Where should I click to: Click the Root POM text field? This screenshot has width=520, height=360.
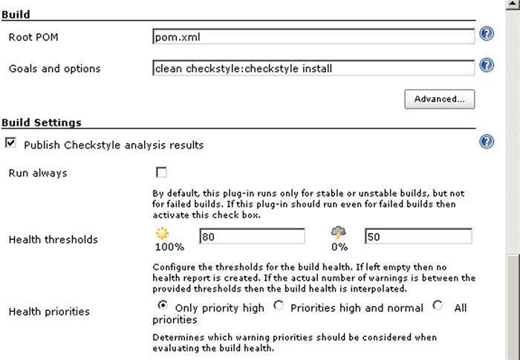(x=313, y=36)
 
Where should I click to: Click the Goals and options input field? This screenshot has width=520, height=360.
(x=313, y=68)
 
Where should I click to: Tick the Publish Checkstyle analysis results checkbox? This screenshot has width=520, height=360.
(x=10, y=143)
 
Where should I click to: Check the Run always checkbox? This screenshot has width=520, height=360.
(x=161, y=173)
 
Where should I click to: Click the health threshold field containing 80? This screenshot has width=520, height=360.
(x=252, y=236)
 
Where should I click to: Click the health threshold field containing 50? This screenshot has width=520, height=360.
(x=418, y=236)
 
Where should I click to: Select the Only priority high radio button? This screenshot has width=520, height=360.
(x=163, y=305)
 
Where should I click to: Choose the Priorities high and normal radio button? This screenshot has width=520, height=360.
(x=279, y=305)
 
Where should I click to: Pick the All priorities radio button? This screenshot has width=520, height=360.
(x=437, y=305)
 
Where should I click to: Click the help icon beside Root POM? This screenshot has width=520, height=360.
(x=487, y=34)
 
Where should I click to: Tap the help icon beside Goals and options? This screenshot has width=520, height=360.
(x=487, y=66)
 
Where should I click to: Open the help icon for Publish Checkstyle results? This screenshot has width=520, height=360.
(x=487, y=142)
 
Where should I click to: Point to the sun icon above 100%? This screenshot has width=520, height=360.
(x=163, y=233)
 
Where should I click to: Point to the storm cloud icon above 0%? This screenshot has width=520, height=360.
(x=339, y=233)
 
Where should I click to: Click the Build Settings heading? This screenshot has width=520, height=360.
(x=42, y=122)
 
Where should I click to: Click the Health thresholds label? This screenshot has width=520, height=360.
(x=53, y=240)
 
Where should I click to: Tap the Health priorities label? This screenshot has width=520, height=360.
(x=49, y=312)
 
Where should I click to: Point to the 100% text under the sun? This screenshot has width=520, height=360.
(x=169, y=247)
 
